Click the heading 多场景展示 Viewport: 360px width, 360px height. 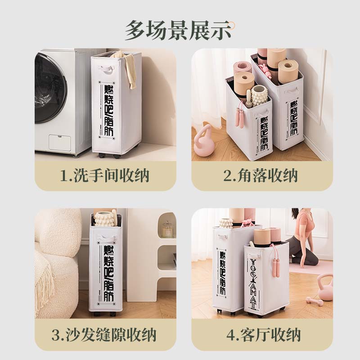click(178, 30)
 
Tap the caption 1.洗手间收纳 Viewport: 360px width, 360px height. click(105, 175)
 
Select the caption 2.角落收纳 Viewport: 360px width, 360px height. click(261, 175)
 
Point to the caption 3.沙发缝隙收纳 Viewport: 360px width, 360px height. click(104, 335)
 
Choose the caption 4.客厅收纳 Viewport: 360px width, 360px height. click(264, 335)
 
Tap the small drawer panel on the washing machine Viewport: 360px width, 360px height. click(60, 143)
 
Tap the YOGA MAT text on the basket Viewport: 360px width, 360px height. click(253, 284)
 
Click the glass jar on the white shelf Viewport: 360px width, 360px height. click(168, 229)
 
